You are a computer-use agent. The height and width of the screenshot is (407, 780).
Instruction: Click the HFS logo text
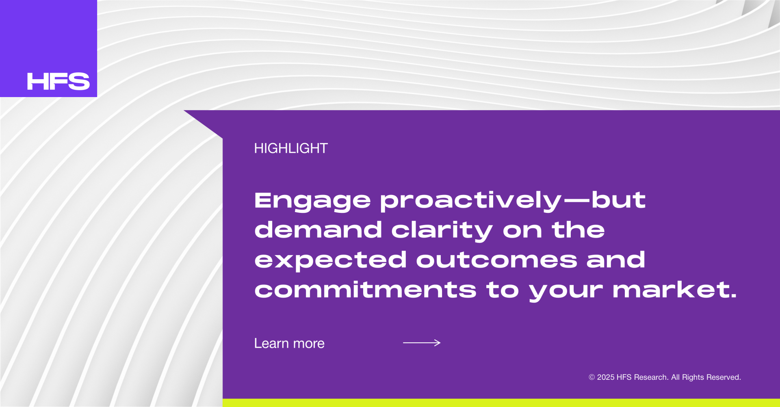click(x=58, y=81)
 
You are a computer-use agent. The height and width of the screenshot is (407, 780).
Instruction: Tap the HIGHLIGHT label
click(x=291, y=148)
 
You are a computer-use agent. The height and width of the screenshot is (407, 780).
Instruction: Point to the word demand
click(x=318, y=229)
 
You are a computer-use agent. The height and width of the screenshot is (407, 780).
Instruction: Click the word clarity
click(x=442, y=231)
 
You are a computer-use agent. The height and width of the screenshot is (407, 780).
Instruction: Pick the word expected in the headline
click(x=330, y=260)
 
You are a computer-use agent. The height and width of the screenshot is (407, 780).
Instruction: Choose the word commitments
click(x=365, y=290)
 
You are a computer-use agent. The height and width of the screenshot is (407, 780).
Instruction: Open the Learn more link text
click(x=289, y=344)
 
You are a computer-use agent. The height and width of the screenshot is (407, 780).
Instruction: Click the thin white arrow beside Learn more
click(x=422, y=343)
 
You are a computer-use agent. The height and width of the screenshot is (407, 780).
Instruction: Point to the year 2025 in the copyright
click(x=606, y=377)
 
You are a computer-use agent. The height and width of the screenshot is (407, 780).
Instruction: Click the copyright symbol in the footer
click(x=592, y=377)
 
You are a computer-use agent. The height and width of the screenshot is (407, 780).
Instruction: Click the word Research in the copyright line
click(x=651, y=377)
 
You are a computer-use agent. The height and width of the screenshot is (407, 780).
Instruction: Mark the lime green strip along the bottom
click(x=501, y=403)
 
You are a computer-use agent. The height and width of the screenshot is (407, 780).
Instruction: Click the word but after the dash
click(x=618, y=200)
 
